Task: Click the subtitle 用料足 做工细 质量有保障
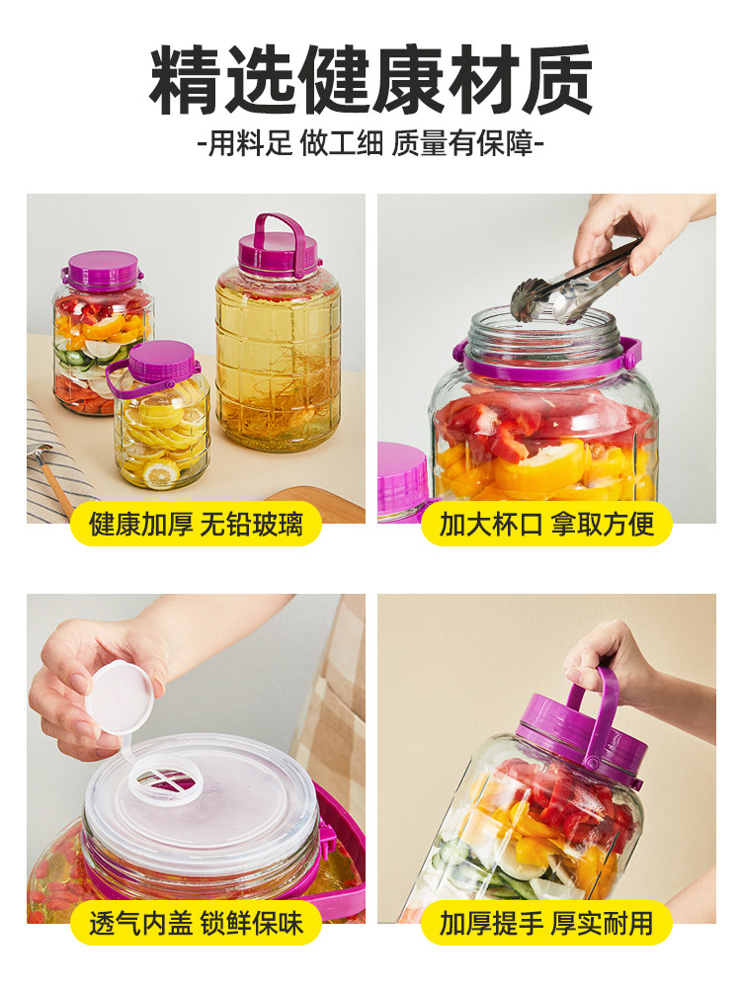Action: pos(370,144)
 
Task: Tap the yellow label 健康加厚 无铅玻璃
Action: pos(195,524)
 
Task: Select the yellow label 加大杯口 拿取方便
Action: pos(546,524)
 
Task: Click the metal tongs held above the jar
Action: pos(568,287)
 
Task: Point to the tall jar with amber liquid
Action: pos(279,356)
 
